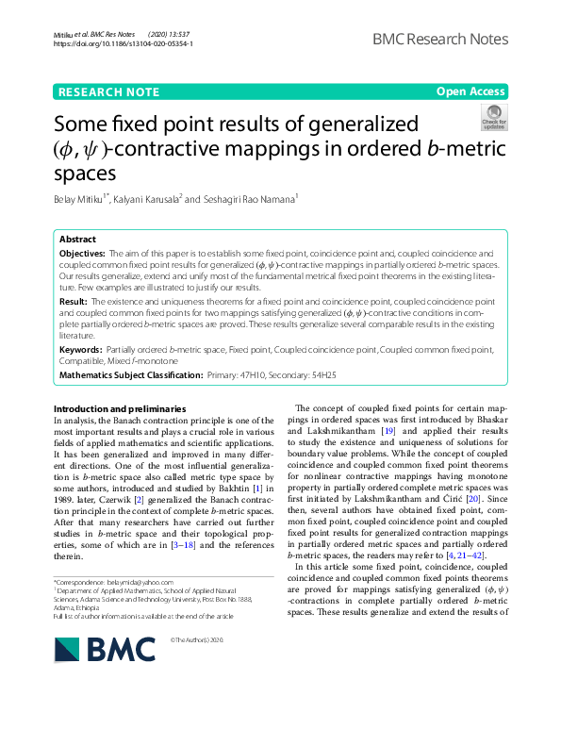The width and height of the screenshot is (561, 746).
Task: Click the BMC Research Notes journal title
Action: (x=439, y=39)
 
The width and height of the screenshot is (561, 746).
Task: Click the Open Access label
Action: (x=470, y=91)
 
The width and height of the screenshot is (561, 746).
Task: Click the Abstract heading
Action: (x=77, y=240)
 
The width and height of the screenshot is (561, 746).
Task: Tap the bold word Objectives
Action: (x=82, y=254)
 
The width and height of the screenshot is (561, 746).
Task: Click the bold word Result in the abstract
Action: (x=73, y=299)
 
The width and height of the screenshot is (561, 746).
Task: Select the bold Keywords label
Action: (x=81, y=350)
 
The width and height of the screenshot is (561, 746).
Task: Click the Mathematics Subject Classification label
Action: (x=130, y=374)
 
